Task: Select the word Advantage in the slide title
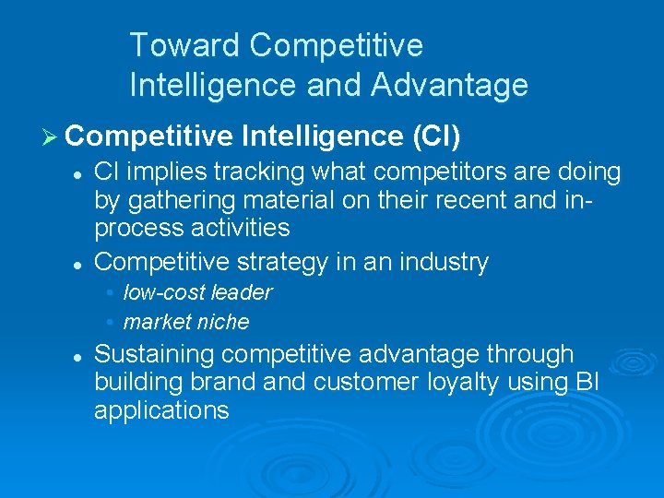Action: tap(449, 85)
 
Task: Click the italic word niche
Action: tap(226, 322)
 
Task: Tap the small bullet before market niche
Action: tap(110, 322)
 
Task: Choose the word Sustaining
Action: tap(155, 354)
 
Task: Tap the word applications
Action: tap(161, 409)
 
